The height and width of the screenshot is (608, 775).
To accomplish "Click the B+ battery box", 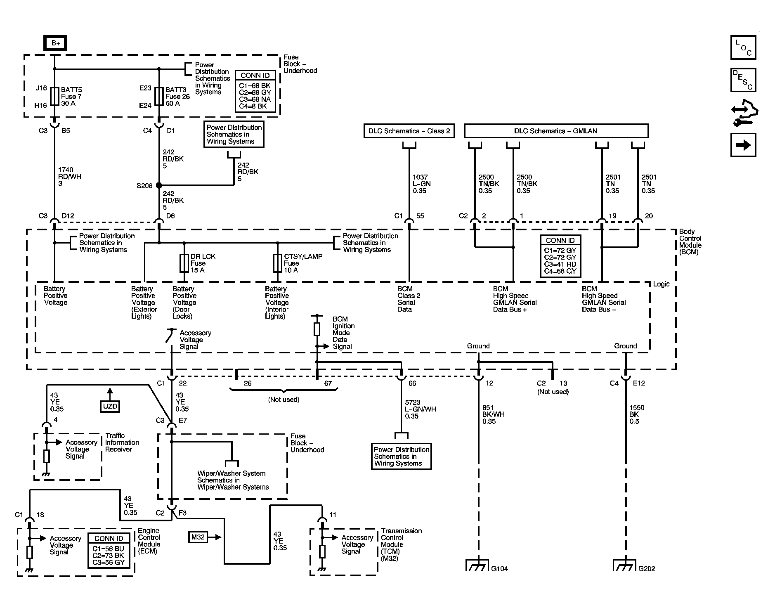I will click(55, 43).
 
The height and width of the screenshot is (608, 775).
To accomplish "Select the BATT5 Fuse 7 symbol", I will click(54, 96).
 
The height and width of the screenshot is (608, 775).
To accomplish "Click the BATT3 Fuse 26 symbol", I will click(159, 96).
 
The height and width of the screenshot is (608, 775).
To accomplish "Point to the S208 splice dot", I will click(159, 186).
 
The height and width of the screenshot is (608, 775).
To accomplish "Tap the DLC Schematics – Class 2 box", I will click(409, 131).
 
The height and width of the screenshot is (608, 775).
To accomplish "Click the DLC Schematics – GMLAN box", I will click(555, 131).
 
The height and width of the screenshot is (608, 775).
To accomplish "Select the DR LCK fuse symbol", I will click(184, 263).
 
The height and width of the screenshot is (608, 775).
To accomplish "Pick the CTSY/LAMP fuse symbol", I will click(278, 263).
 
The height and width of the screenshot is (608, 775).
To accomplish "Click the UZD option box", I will click(110, 406).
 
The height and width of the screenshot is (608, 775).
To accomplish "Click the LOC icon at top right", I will click(743, 48).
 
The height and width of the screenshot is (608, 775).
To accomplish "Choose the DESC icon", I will click(743, 80).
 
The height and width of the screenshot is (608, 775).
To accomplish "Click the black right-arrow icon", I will click(743, 145).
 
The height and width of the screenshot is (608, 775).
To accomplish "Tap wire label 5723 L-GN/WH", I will click(420, 409).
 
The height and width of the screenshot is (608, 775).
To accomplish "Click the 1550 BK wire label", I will click(637, 414).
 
